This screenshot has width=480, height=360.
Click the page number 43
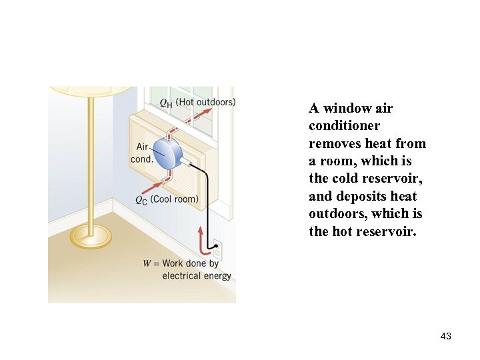pos(446,336)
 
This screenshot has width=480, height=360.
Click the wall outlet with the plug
pos(217,251)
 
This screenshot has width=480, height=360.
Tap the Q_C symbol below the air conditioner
pos(141,199)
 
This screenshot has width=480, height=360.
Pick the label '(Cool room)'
pos(175,199)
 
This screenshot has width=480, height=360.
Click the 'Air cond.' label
pos(141,153)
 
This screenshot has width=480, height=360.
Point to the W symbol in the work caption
pos(147,263)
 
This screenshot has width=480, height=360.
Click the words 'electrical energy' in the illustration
pos(197,275)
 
